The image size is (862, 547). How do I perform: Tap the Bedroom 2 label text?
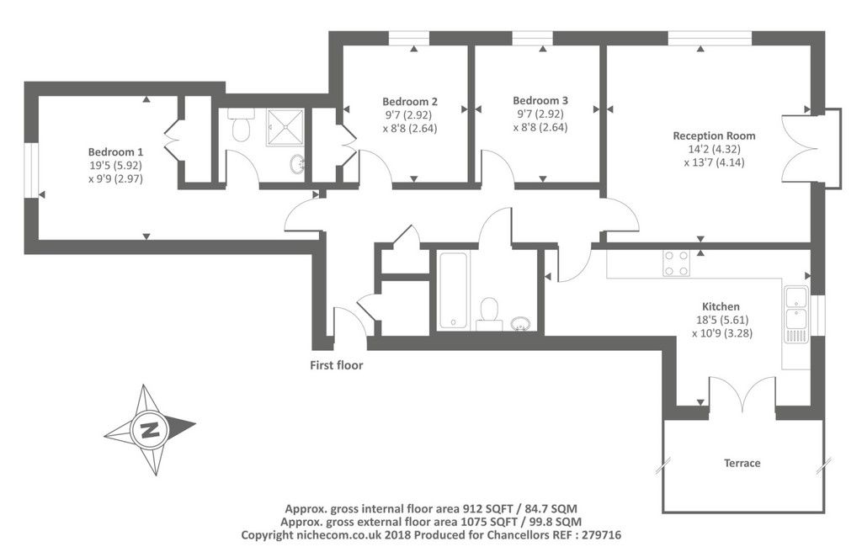pos(409,100)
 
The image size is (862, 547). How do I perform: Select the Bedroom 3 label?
pos(540,100)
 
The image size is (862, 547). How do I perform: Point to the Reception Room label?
pos(714,135)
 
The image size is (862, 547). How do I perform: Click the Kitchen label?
pos(721,306)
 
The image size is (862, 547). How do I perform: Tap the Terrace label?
pos(742,463)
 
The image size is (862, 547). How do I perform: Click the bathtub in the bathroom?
pos(453,289)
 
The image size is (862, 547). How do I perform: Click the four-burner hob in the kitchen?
pos(676,263)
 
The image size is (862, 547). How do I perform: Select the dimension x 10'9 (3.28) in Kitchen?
pos(721,332)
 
